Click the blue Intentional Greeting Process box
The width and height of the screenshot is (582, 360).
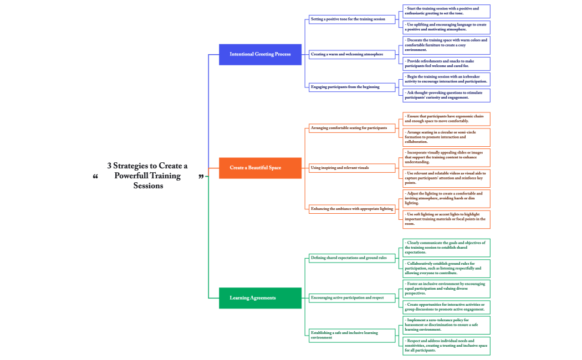click(260, 54)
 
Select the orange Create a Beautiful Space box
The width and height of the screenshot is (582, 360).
click(260, 168)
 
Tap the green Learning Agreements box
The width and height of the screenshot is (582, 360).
click(260, 298)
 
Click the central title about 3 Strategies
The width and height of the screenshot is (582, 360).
click(148, 176)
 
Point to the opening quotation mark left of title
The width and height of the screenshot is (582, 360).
click(95, 177)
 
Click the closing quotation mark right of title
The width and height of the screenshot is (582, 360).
click(201, 177)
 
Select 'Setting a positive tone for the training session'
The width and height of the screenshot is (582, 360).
click(353, 19)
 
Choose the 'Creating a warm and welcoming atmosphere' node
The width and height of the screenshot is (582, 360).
click(353, 54)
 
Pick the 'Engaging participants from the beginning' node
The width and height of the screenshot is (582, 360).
click(353, 87)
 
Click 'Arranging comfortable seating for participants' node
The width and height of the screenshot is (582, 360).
click(353, 128)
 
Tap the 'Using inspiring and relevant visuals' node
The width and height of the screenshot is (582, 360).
click(353, 167)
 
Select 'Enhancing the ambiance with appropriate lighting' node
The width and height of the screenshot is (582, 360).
click(353, 209)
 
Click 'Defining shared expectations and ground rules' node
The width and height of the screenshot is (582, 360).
click(353, 258)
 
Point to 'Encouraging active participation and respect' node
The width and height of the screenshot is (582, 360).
click(353, 297)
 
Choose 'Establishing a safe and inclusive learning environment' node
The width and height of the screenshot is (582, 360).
click(353, 335)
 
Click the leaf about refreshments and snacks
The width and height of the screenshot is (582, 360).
click(446, 64)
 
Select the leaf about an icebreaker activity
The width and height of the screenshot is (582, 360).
click(446, 79)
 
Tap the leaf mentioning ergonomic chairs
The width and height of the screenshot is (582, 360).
click(446, 119)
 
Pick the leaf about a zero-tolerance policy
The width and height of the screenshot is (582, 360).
click(446, 325)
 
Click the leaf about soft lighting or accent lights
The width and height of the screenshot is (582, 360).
click(446, 219)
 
